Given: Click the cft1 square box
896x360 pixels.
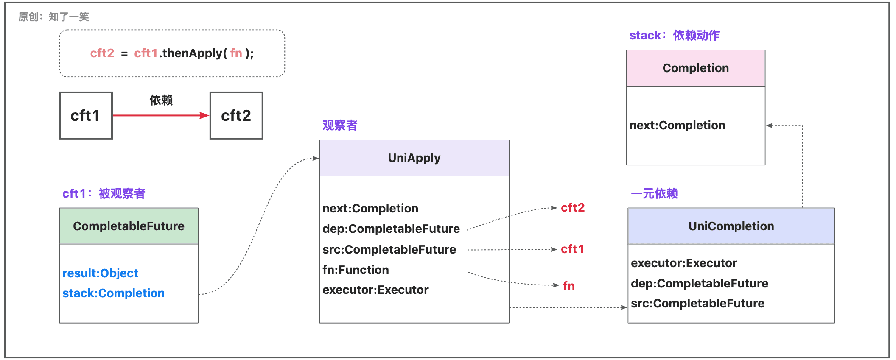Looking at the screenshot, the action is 86,115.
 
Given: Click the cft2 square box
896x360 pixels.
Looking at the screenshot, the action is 236,115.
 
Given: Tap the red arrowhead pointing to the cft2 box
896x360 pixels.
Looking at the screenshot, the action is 204,115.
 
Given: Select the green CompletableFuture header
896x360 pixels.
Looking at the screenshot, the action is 129,226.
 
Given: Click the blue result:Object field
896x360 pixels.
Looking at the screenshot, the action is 101,273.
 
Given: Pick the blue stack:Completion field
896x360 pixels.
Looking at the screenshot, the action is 114,293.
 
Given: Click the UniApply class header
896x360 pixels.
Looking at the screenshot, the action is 414,158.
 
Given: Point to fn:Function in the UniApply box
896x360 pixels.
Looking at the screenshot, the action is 356,270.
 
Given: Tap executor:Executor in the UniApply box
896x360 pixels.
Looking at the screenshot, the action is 375,290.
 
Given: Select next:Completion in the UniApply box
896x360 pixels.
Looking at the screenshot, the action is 370,208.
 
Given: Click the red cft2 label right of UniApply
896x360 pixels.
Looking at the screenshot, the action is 573,207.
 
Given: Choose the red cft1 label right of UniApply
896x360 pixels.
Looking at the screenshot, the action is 572,249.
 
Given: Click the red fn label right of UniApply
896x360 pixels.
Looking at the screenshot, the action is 569,286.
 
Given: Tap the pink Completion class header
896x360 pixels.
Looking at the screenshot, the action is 696,68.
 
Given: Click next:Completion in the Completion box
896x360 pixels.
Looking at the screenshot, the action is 678,125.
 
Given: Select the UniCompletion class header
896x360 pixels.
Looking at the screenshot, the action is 731,226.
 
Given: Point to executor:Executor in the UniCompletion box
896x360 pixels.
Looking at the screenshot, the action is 684,263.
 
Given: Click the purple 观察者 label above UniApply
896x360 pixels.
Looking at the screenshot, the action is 340,125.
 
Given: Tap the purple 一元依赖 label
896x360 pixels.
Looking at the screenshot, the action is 654,193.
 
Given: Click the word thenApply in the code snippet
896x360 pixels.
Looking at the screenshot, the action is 192,53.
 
